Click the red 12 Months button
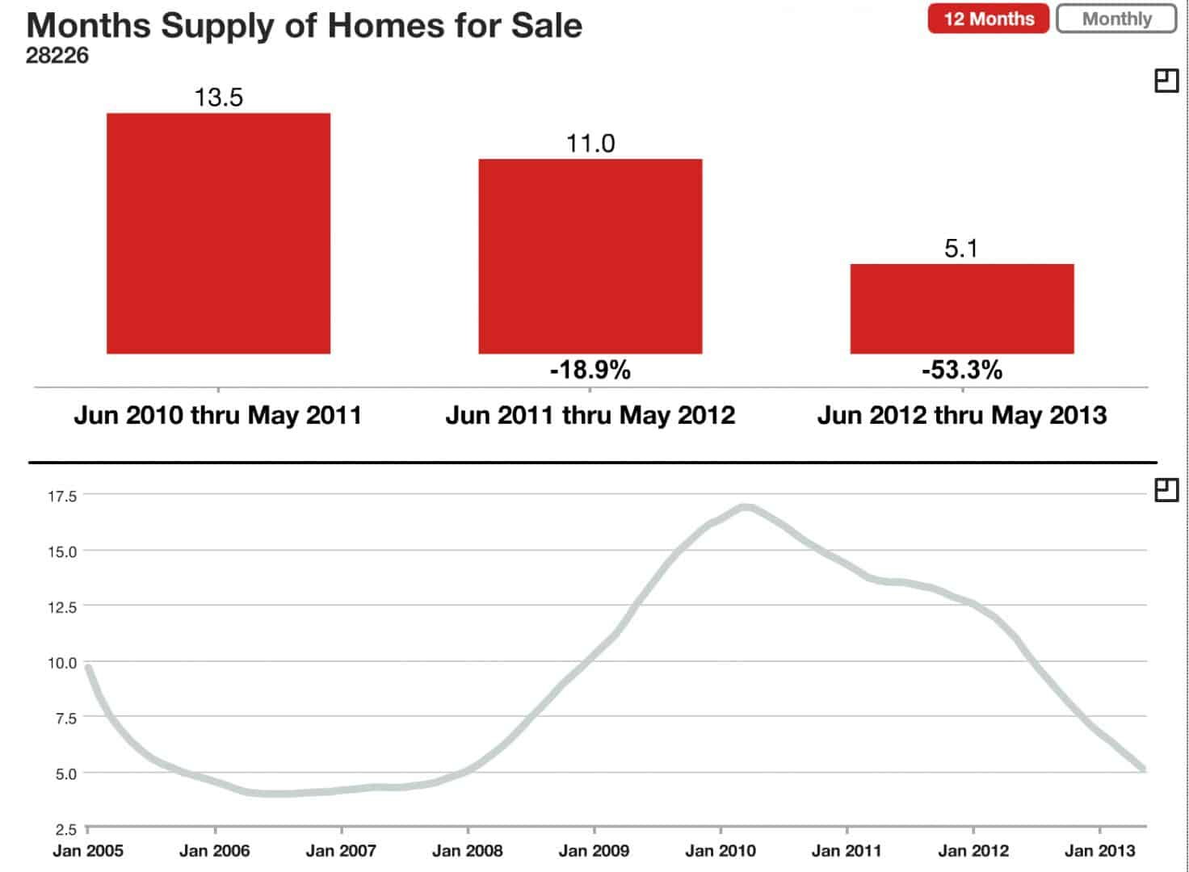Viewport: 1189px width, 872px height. point(988,19)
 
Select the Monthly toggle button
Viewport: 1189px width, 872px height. point(1116,19)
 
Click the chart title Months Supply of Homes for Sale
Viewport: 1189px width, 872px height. point(304,25)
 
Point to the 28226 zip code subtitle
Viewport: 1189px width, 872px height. point(57,56)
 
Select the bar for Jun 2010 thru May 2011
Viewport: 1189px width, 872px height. point(218,233)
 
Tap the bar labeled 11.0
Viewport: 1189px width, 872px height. point(590,256)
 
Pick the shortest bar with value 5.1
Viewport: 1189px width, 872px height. point(961,308)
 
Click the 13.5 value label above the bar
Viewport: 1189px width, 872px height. point(218,97)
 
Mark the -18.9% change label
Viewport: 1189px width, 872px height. point(590,370)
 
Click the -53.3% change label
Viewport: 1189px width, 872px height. point(961,370)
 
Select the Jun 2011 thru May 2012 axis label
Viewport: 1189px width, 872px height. point(590,415)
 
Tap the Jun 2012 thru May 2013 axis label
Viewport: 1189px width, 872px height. point(961,415)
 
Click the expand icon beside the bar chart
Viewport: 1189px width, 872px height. point(1166,81)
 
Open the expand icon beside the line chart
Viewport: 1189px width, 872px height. point(1166,489)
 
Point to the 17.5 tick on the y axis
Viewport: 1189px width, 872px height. point(62,496)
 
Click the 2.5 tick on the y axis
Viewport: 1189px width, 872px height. point(65,829)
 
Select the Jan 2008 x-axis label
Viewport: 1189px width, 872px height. point(467,850)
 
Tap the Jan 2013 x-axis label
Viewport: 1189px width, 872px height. point(1099,850)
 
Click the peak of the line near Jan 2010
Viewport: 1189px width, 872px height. point(745,507)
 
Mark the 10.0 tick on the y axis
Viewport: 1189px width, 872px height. point(62,663)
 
